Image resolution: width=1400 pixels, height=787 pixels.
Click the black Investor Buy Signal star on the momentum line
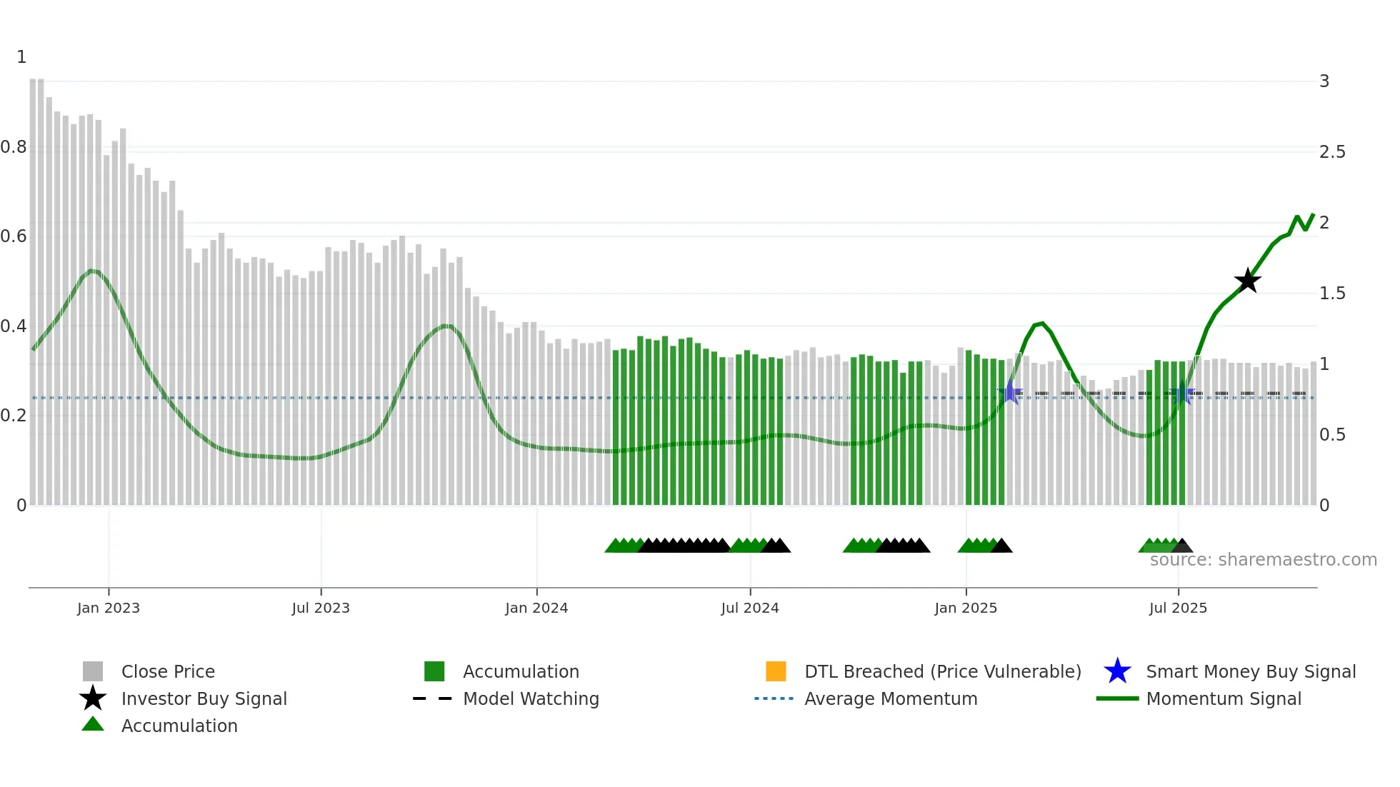click(1247, 281)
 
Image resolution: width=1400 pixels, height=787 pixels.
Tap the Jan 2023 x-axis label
click(109, 608)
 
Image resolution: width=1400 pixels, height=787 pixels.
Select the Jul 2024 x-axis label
click(749, 608)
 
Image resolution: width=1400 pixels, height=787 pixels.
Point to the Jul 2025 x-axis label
click(1177, 608)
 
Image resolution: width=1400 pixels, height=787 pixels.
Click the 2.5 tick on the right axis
click(1331, 151)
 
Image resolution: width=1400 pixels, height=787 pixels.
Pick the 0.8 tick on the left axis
click(14, 147)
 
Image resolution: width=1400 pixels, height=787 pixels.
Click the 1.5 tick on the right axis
click(1331, 293)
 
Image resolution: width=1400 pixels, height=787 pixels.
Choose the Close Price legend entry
click(168, 671)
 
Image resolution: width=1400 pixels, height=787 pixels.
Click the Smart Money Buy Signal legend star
click(1117, 671)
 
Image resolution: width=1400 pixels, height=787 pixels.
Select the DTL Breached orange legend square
click(776, 671)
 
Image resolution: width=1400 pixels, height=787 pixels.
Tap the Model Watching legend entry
click(531, 698)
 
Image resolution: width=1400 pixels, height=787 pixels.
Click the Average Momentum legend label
click(891, 698)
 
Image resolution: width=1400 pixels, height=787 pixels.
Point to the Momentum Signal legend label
click(1224, 698)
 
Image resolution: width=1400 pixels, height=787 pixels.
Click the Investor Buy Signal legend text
click(204, 698)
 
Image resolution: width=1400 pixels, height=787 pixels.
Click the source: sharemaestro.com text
click(1263, 560)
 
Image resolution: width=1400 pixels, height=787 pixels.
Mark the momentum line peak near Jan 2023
click(91, 270)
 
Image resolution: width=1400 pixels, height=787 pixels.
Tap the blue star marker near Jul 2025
click(1182, 393)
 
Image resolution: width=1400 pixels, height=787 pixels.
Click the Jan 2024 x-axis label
click(536, 608)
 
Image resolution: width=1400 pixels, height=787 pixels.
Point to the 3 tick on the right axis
click(1324, 81)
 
